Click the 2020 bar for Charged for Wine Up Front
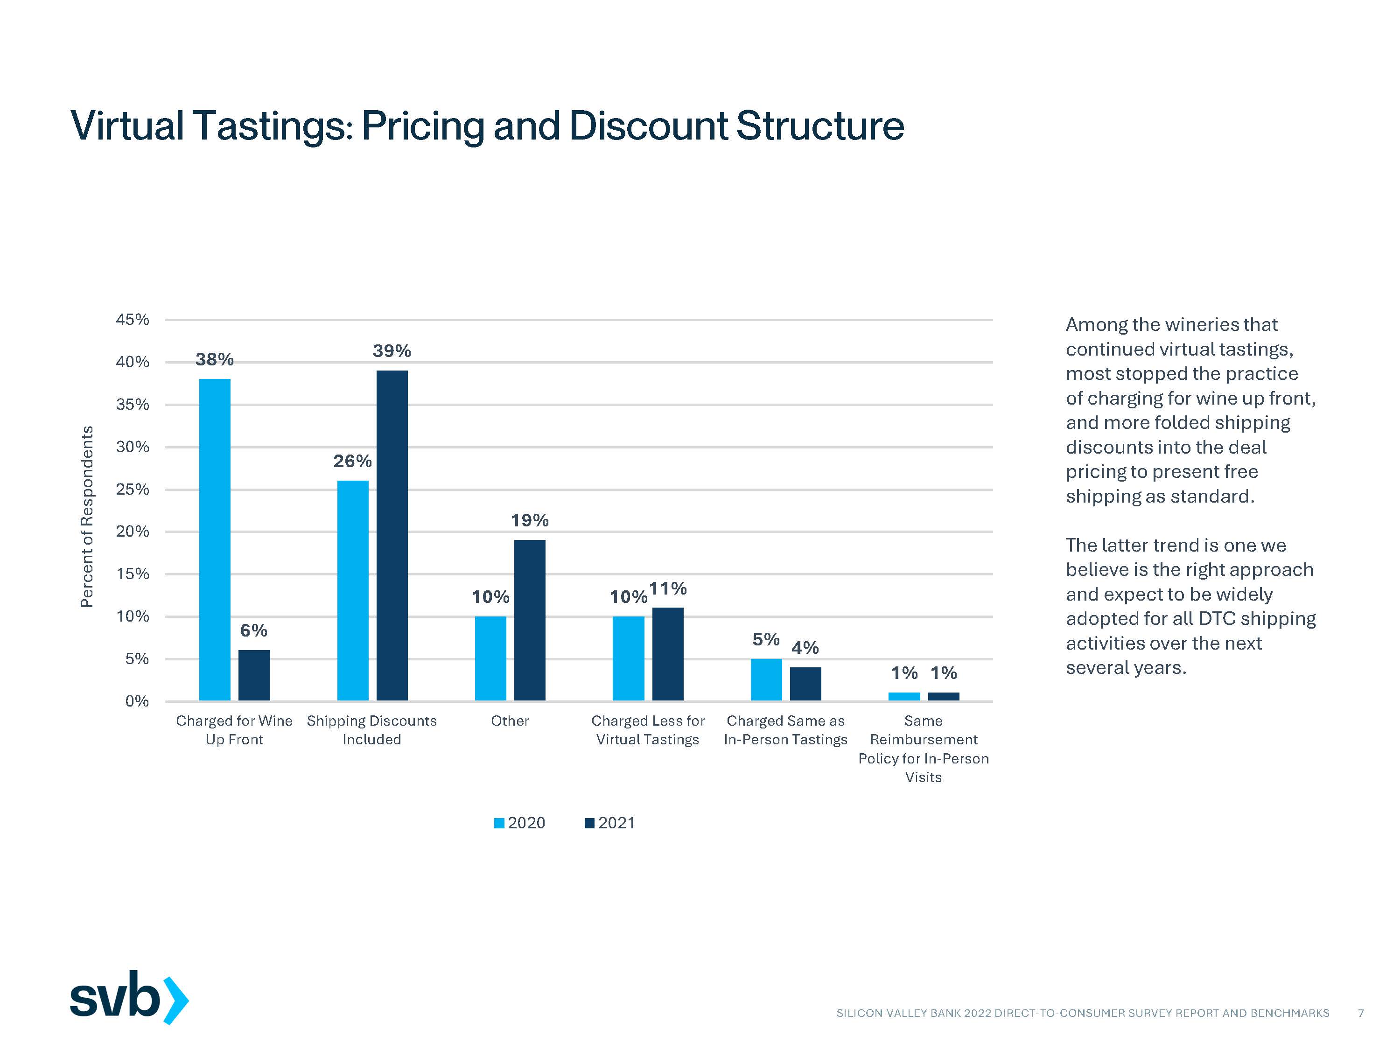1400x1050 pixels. click(x=215, y=539)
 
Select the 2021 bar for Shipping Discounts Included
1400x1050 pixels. click(x=392, y=535)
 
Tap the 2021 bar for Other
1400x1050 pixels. click(x=530, y=620)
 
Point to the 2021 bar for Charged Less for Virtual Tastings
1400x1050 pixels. click(x=668, y=654)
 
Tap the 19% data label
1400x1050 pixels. click(x=530, y=520)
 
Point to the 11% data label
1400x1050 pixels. click(x=668, y=588)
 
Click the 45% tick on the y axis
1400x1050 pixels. click(x=132, y=320)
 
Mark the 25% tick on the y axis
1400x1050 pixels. click(x=132, y=489)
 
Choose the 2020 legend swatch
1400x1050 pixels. click(x=499, y=823)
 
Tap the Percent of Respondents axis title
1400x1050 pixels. click(x=87, y=517)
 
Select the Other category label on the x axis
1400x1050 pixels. click(x=510, y=721)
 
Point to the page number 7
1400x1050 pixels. click(x=1361, y=1013)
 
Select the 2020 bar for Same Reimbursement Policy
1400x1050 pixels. click(x=904, y=696)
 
